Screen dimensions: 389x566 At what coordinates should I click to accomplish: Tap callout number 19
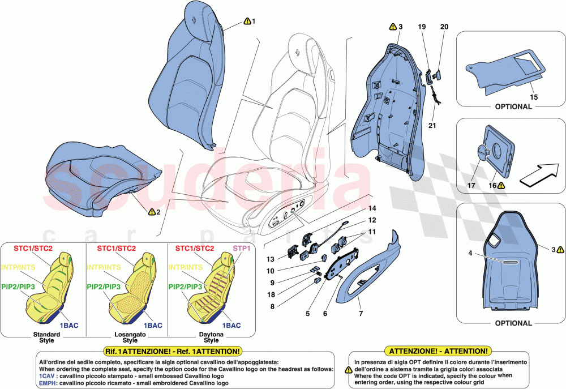pos(422,27)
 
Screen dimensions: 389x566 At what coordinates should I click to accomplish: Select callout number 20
pos(444,27)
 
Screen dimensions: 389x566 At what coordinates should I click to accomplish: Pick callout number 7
pos(361,313)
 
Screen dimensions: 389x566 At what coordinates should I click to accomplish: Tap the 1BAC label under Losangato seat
pos(152,326)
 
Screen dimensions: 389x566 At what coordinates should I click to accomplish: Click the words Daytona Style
pos(211,337)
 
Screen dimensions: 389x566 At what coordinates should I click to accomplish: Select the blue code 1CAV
pos(47,376)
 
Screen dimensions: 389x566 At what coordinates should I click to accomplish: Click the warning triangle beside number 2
pos(152,212)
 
